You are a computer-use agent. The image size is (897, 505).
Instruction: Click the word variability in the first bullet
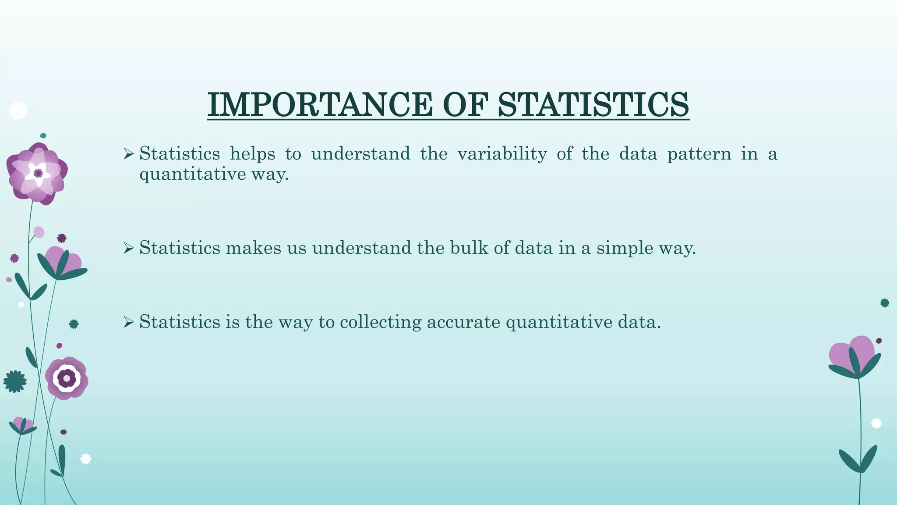pos(502,154)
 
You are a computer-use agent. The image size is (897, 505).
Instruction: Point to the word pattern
pos(699,154)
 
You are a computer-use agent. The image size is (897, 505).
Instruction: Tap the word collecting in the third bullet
pos(380,322)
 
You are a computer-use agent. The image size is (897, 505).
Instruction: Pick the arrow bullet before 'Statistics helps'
pos(128,154)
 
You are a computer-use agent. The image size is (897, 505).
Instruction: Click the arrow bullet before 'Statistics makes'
pos(128,249)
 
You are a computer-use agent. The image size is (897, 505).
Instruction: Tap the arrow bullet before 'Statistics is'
pos(128,323)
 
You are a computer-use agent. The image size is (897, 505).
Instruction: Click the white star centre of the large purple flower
pos(38,173)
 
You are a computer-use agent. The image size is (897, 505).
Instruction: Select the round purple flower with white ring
pos(67,378)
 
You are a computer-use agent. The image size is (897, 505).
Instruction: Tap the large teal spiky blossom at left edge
pos(15,381)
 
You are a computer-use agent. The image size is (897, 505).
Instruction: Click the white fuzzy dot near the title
pos(18,110)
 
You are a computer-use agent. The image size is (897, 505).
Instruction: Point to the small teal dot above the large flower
pos(43,136)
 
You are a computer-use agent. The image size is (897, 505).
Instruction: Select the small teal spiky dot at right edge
pos(885,303)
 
